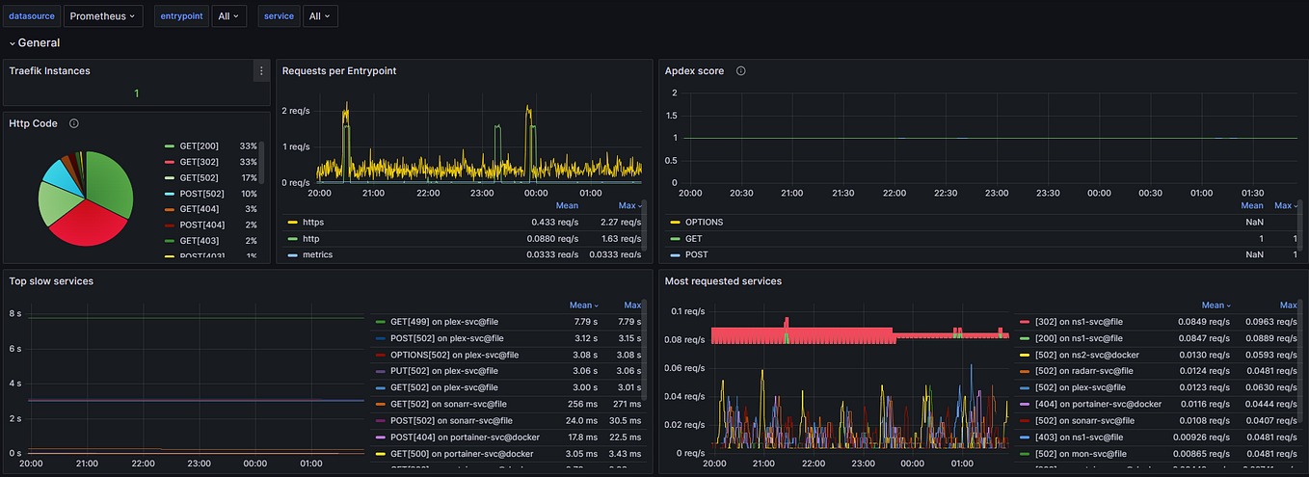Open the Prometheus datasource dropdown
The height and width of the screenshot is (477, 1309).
click(104, 16)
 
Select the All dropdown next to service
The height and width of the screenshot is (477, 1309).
click(319, 16)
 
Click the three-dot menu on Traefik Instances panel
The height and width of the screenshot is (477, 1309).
click(260, 70)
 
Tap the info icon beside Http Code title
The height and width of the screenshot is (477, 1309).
click(74, 123)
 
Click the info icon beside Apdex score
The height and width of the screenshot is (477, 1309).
click(740, 70)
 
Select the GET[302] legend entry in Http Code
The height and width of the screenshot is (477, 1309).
click(200, 162)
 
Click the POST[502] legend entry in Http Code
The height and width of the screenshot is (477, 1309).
click(203, 194)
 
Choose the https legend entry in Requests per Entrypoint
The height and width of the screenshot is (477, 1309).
click(313, 223)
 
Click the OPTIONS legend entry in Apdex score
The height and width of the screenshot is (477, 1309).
click(704, 223)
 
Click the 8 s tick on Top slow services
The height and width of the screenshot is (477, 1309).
click(14, 314)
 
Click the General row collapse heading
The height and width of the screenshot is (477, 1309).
click(37, 42)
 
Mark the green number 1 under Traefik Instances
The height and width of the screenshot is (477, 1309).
click(137, 93)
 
